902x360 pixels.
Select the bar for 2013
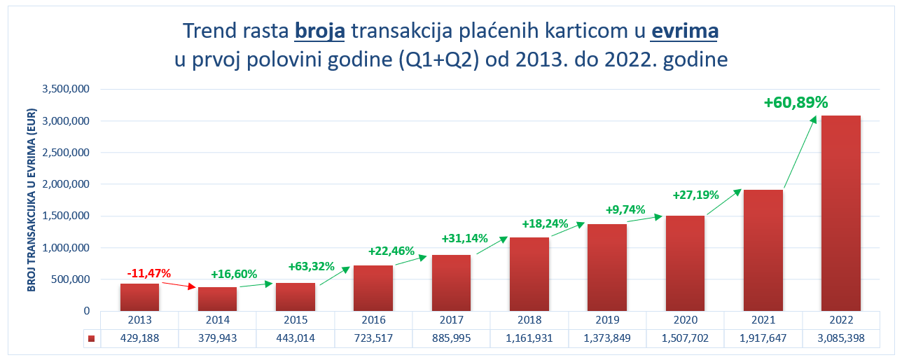point(139,297)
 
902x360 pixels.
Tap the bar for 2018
point(529,274)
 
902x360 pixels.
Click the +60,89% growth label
point(796,102)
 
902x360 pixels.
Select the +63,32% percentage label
point(312,266)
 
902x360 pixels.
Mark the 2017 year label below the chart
point(451,320)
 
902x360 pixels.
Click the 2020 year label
point(685,320)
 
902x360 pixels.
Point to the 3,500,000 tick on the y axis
point(65,89)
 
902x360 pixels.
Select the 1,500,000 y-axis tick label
point(65,216)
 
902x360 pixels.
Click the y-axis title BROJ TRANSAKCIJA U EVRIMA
point(31,200)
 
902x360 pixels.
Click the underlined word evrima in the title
point(684,31)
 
